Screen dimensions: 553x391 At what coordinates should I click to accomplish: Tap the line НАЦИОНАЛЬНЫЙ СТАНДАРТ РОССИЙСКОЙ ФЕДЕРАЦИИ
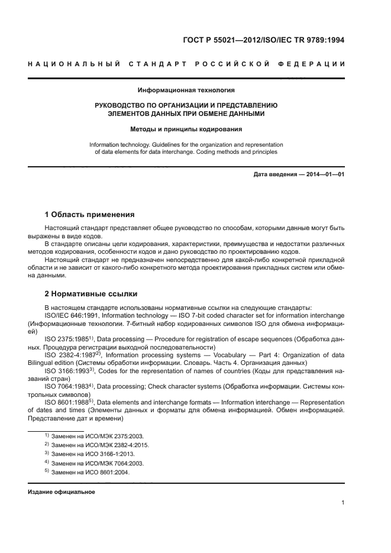pos(186,64)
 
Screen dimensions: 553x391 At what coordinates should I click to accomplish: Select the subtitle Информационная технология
pos(186,90)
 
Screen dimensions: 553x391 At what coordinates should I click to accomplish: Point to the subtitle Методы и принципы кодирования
pos(186,128)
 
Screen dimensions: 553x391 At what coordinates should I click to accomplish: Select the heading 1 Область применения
pos(90,214)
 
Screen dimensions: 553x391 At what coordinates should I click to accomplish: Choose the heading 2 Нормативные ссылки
pos(91,293)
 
